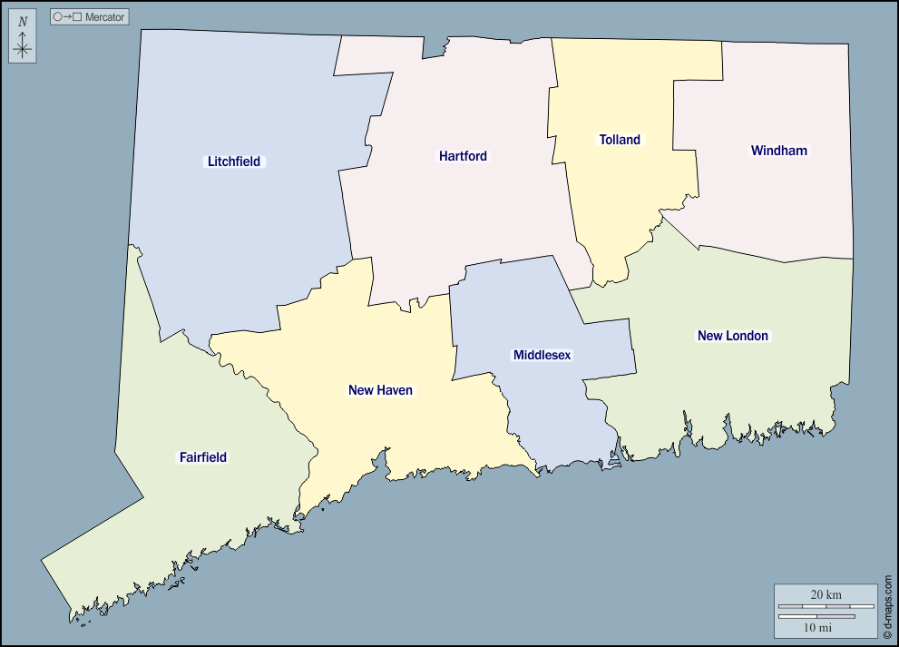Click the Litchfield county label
[234, 162]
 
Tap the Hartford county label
[463, 156]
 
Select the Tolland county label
[620, 140]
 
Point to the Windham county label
[778, 151]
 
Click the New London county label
[732, 336]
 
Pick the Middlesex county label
[542, 355]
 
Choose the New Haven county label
[380, 390]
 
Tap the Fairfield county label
[203, 457]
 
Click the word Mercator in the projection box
[104, 17]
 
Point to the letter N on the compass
[23, 22]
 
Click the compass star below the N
[23, 48]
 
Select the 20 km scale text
[826, 594]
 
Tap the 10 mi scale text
[818, 627]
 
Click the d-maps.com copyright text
[888, 603]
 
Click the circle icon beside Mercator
[58, 17]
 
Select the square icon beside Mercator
[78, 17]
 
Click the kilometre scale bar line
[826, 605]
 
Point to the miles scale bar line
[816, 616]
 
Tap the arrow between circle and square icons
[68, 17]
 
